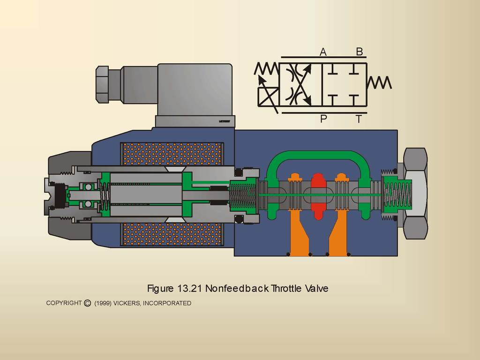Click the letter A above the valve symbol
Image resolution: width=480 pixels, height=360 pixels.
point(323,52)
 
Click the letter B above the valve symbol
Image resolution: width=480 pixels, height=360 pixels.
point(360,52)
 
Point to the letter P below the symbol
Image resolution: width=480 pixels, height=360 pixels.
point(323,119)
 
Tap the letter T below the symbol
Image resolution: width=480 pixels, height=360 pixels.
point(359,119)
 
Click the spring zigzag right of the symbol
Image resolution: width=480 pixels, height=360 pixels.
point(379,82)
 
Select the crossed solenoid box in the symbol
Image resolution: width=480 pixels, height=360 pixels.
point(268,97)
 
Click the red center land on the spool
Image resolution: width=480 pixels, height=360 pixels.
point(318,196)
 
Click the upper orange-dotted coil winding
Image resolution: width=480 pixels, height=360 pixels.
point(172,154)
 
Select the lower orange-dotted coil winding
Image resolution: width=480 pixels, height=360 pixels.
point(172,234)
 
